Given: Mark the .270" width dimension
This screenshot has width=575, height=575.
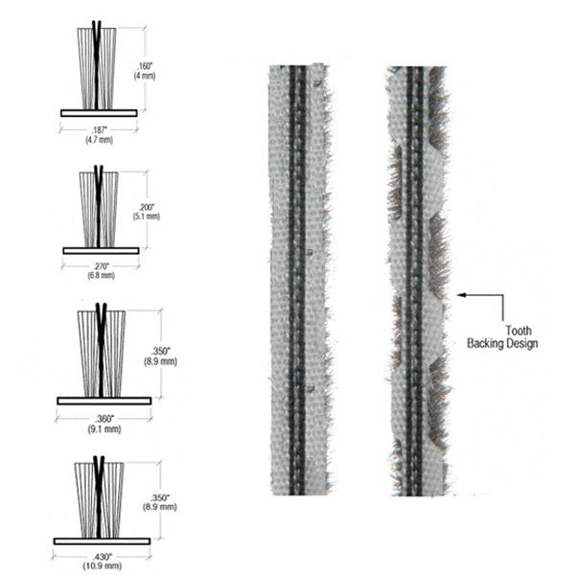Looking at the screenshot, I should coord(101,266).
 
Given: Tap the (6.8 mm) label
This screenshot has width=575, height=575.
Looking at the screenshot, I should coord(101,275).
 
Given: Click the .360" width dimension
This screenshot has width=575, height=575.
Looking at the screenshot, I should coord(104,418).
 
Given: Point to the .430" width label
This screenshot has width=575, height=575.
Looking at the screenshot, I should coord(103,558).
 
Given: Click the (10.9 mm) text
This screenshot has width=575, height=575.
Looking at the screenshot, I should coord(103,566).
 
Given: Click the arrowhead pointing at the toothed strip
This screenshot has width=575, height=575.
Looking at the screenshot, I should coord(461,296).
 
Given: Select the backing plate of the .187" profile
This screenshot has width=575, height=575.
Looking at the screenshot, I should coord(99,112).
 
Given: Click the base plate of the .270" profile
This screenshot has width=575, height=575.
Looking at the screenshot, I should coord(101,250).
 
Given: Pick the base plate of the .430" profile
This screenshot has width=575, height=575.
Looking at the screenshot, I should coord(103,540).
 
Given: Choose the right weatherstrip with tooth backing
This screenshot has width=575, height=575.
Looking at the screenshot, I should coord(418,278).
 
